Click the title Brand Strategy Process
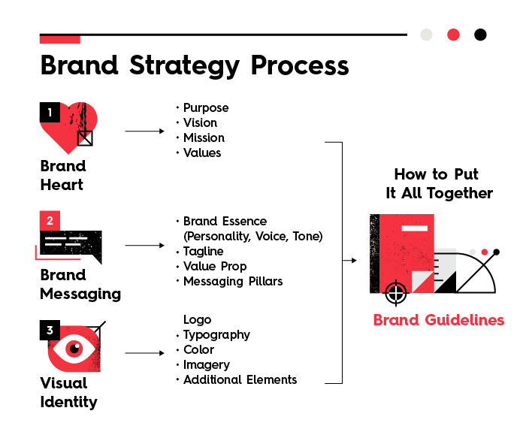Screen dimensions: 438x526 (194, 65)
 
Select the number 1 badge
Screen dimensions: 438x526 (50, 113)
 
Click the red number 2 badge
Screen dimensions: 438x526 (50, 221)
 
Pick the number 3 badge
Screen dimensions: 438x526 (50, 330)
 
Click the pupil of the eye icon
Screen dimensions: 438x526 (74, 349)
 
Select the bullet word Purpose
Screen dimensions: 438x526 (205, 107)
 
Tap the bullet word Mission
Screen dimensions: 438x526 (204, 137)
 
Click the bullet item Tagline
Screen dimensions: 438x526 (203, 251)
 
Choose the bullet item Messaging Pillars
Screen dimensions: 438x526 (233, 281)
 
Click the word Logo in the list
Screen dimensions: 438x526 (198, 319)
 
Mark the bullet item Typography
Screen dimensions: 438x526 (216, 334)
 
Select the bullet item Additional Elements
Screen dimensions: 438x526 (240, 379)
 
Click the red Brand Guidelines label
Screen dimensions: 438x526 (438, 320)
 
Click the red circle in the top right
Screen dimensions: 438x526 (453, 35)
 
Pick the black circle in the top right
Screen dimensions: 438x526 (480, 35)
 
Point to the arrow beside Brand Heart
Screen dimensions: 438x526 (144, 131)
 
